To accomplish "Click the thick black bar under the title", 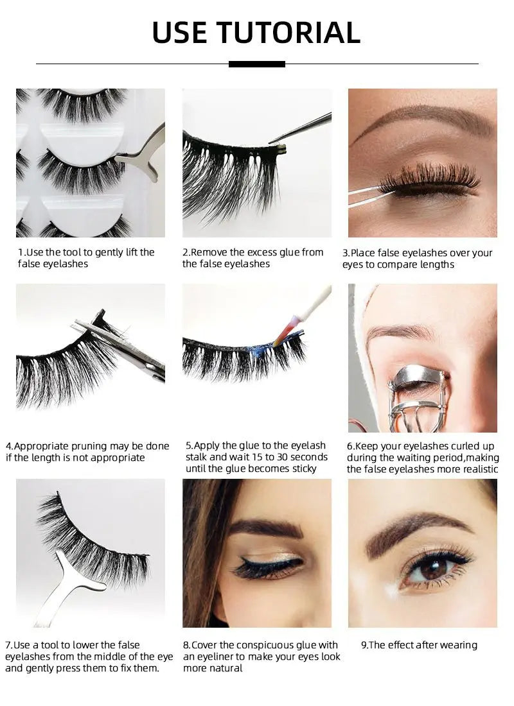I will coord(256,64).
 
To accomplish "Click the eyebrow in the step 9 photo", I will coord(418,526).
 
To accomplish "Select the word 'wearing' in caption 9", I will coord(457,645).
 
